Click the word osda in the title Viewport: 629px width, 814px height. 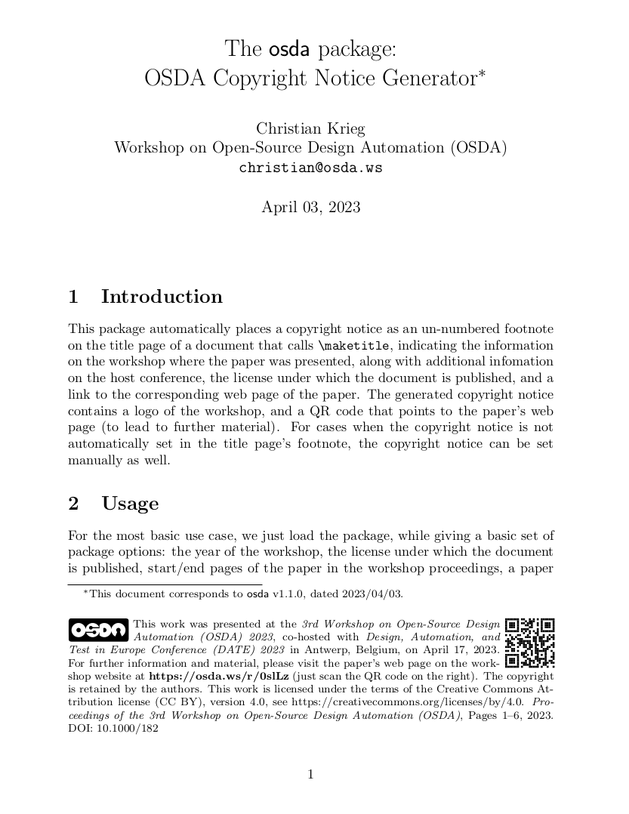click(x=289, y=51)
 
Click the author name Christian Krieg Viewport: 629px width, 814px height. click(x=310, y=128)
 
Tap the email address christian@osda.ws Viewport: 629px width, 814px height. click(x=310, y=168)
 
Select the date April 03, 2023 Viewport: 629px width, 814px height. click(x=310, y=207)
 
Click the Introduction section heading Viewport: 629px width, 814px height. click(x=162, y=297)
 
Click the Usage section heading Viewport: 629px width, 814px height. click(x=130, y=504)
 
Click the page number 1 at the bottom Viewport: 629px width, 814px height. click(x=310, y=774)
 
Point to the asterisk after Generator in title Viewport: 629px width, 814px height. click(x=479, y=74)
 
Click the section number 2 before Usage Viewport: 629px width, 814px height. click(x=73, y=504)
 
